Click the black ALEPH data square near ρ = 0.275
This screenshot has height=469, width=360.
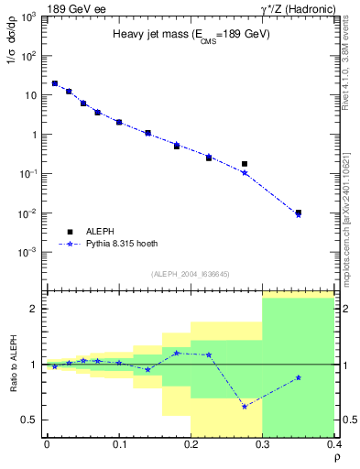(x=245, y=164)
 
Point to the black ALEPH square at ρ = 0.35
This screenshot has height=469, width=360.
(x=299, y=213)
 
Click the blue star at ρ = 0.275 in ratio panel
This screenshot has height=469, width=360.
(x=245, y=406)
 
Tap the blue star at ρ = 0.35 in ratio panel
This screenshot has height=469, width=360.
(x=299, y=377)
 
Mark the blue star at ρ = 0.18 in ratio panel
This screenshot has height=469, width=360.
(x=177, y=353)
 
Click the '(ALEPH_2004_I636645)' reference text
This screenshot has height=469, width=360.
(x=190, y=274)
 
